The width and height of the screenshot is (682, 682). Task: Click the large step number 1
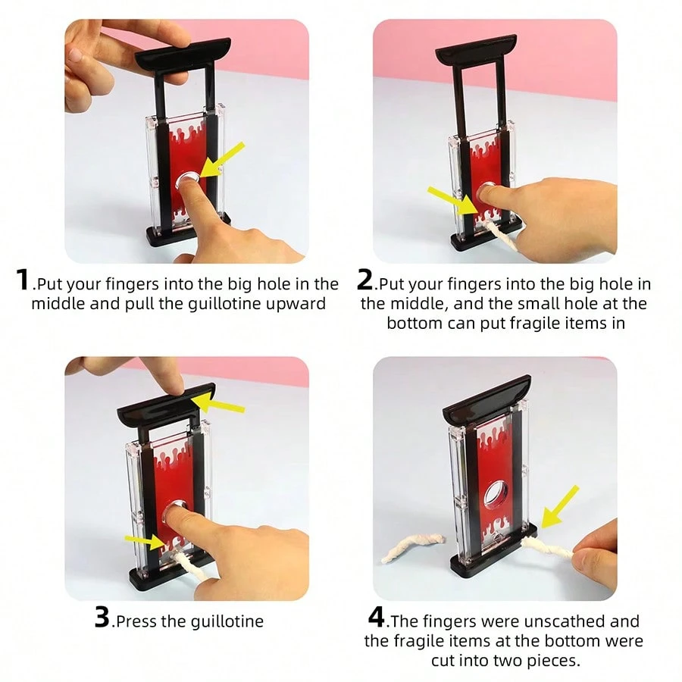point(23,280)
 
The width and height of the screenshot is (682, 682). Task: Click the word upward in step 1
point(301,304)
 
